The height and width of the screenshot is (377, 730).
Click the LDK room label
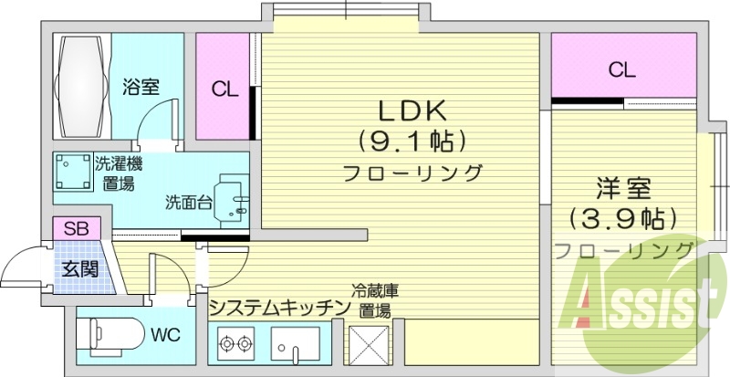pyautogui.click(x=412, y=111)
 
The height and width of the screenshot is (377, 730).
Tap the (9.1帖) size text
pyautogui.click(x=412, y=141)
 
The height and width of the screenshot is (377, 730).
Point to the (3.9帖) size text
pyautogui.click(x=622, y=218)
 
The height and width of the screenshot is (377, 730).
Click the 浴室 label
pyautogui.click(x=141, y=88)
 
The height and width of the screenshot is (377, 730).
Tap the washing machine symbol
pyautogui.click(x=72, y=172)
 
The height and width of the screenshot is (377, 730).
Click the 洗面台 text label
pyautogui.click(x=185, y=202)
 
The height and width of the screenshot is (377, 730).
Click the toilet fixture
pyautogui.click(x=109, y=334)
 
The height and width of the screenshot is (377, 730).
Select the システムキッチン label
pyautogui.click(x=279, y=307)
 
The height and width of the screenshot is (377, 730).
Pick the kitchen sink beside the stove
pyautogui.click(x=295, y=346)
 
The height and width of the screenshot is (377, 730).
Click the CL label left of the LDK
pyautogui.click(x=224, y=89)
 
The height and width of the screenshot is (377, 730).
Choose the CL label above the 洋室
pyautogui.click(x=622, y=68)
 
